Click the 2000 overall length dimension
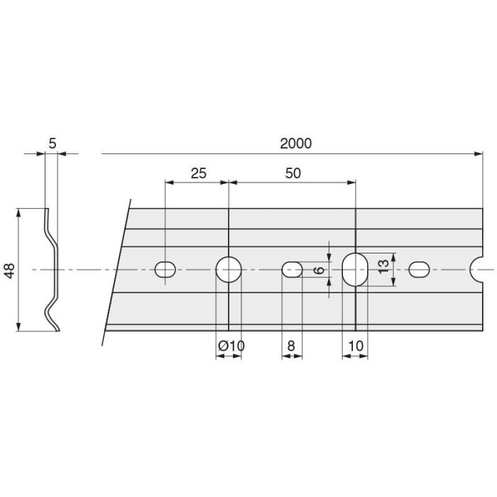click(295, 143)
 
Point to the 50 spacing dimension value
click(292, 173)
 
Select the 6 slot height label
click(319, 270)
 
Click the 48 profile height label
click(9, 270)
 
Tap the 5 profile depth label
click(52, 143)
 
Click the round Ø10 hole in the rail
click(229, 270)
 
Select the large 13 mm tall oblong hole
click(354, 270)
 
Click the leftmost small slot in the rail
click(165, 270)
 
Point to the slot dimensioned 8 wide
click(293, 270)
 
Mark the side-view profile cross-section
click(52, 270)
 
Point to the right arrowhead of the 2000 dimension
click(479, 153)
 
